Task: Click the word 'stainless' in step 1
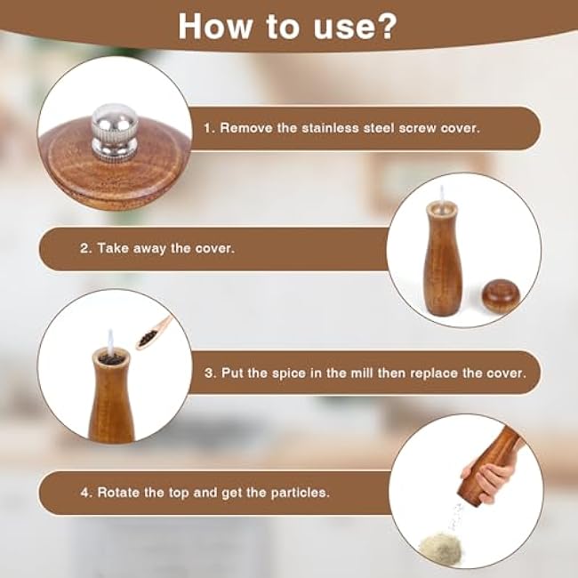pos(343,128)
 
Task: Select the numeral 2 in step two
pos(84,249)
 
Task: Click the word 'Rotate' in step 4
pos(117,492)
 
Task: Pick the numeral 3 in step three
pos(208,373)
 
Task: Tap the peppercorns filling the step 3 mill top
pos(110,357)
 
